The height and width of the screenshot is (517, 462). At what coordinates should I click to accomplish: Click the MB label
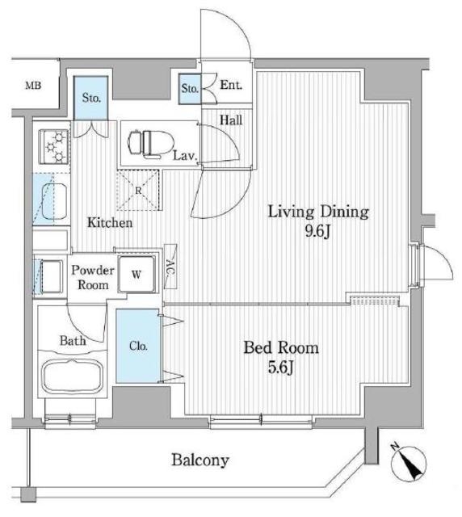pos(33,86)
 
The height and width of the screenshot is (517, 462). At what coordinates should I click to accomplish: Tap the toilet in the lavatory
pos(151,144)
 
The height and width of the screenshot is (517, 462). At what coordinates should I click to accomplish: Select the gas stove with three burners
pos(54,147)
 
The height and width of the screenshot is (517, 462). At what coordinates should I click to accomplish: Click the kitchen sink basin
pos(54,201)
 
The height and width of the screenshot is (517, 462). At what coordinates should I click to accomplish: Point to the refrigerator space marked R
pos(138,190)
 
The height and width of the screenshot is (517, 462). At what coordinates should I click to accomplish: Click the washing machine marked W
pos(136,274)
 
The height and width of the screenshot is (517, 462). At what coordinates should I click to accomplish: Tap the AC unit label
pos(170,267)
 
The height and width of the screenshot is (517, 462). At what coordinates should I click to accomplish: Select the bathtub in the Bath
pos(72,377)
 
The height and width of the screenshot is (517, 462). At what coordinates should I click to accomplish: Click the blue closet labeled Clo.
pos(138,346)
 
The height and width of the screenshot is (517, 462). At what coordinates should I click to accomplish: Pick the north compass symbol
pos(408,462)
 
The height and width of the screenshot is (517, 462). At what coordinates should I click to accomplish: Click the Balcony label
pos(200,460)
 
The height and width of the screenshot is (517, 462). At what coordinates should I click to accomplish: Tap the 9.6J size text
pos(317,232)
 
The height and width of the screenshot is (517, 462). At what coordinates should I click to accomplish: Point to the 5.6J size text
pos(280,368)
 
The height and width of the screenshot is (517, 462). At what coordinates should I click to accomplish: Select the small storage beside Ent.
pos(190,89)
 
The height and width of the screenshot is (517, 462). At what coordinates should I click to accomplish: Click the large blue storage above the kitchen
pos(90,99)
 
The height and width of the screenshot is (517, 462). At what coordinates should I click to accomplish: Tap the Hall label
pos(231,120)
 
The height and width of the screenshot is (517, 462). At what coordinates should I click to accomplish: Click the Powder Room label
pos(93,277)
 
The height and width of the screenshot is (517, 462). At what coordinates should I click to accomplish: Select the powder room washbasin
pos(50,276)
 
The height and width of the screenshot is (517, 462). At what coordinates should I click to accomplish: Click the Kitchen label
pos(110,223)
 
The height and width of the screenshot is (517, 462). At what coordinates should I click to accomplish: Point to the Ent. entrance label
pos(231,85)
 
